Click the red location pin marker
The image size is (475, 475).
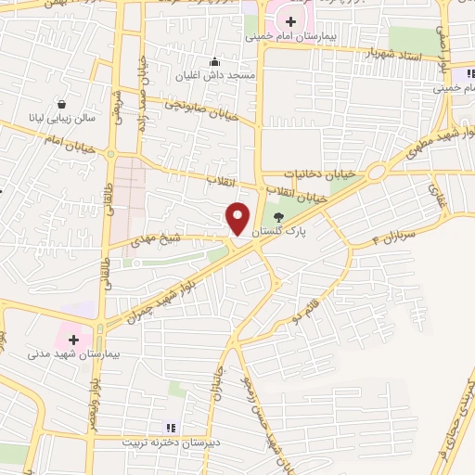pyautogui.click(x=238, y=218)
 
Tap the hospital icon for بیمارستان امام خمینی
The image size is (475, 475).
pyautogui.click(x=291, y=21)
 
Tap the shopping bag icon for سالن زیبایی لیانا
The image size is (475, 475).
pyautogui.click(x=61, y=104)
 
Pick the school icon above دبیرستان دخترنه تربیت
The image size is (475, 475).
pyautogui.click(x=170, y=427)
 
